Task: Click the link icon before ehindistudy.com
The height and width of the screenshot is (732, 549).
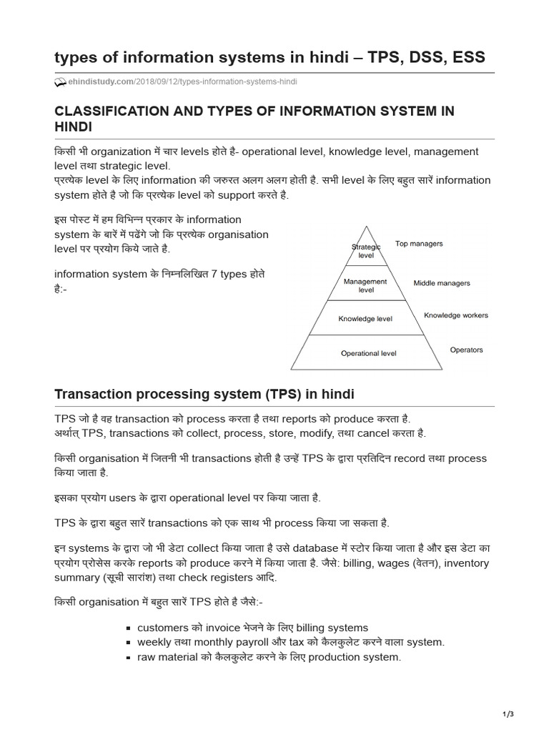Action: pos(60,81)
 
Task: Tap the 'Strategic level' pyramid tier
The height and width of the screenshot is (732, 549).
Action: pos(366,251)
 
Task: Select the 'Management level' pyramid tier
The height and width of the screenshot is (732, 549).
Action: pos(365,286)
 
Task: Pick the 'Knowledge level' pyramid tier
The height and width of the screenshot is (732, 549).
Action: pos(365,319)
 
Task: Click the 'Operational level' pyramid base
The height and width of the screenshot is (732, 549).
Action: pos(368,353)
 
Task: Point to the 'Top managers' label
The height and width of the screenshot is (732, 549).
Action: pos(419,244)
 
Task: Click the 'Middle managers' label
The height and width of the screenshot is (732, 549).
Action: pos(442,283)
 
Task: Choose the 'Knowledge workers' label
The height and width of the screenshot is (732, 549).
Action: pos(456,315)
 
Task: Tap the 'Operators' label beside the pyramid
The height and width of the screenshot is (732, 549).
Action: pos(466,350)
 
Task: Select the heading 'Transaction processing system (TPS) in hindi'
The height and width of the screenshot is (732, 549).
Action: pos(204,395)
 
